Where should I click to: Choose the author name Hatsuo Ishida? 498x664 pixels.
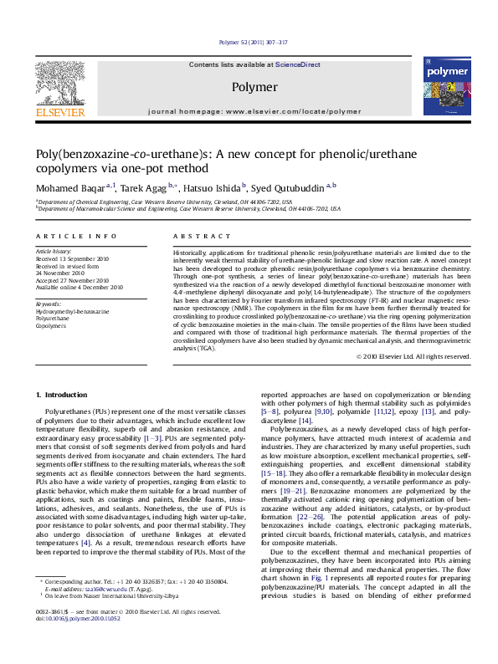click(213, 188)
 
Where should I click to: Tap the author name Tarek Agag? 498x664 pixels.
click(144, 188)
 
